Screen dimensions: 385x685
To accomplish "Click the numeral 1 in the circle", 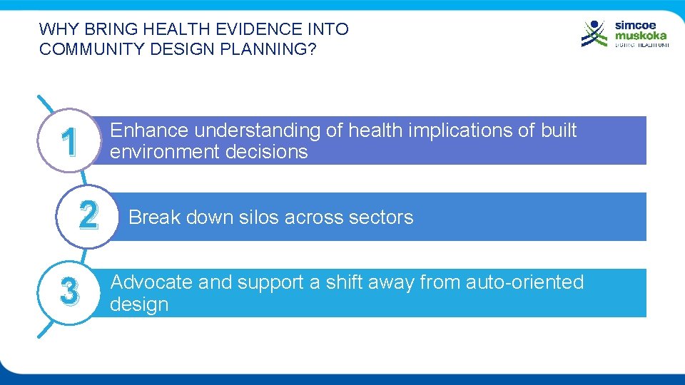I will click(x=69, y=143).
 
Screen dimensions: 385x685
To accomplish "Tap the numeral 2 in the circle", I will click(x=88, y=216).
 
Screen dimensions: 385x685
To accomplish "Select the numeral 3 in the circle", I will click(x=69, y=291).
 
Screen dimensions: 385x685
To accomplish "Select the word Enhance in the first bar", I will click(x=149, y=130).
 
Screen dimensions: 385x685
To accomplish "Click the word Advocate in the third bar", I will click(x=151, y=282).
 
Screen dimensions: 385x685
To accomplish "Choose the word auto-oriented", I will click(x=524, y=282).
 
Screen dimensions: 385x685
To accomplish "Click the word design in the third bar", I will click(x=139, y=304).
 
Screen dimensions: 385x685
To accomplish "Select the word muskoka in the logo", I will click(x=641, y=36).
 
